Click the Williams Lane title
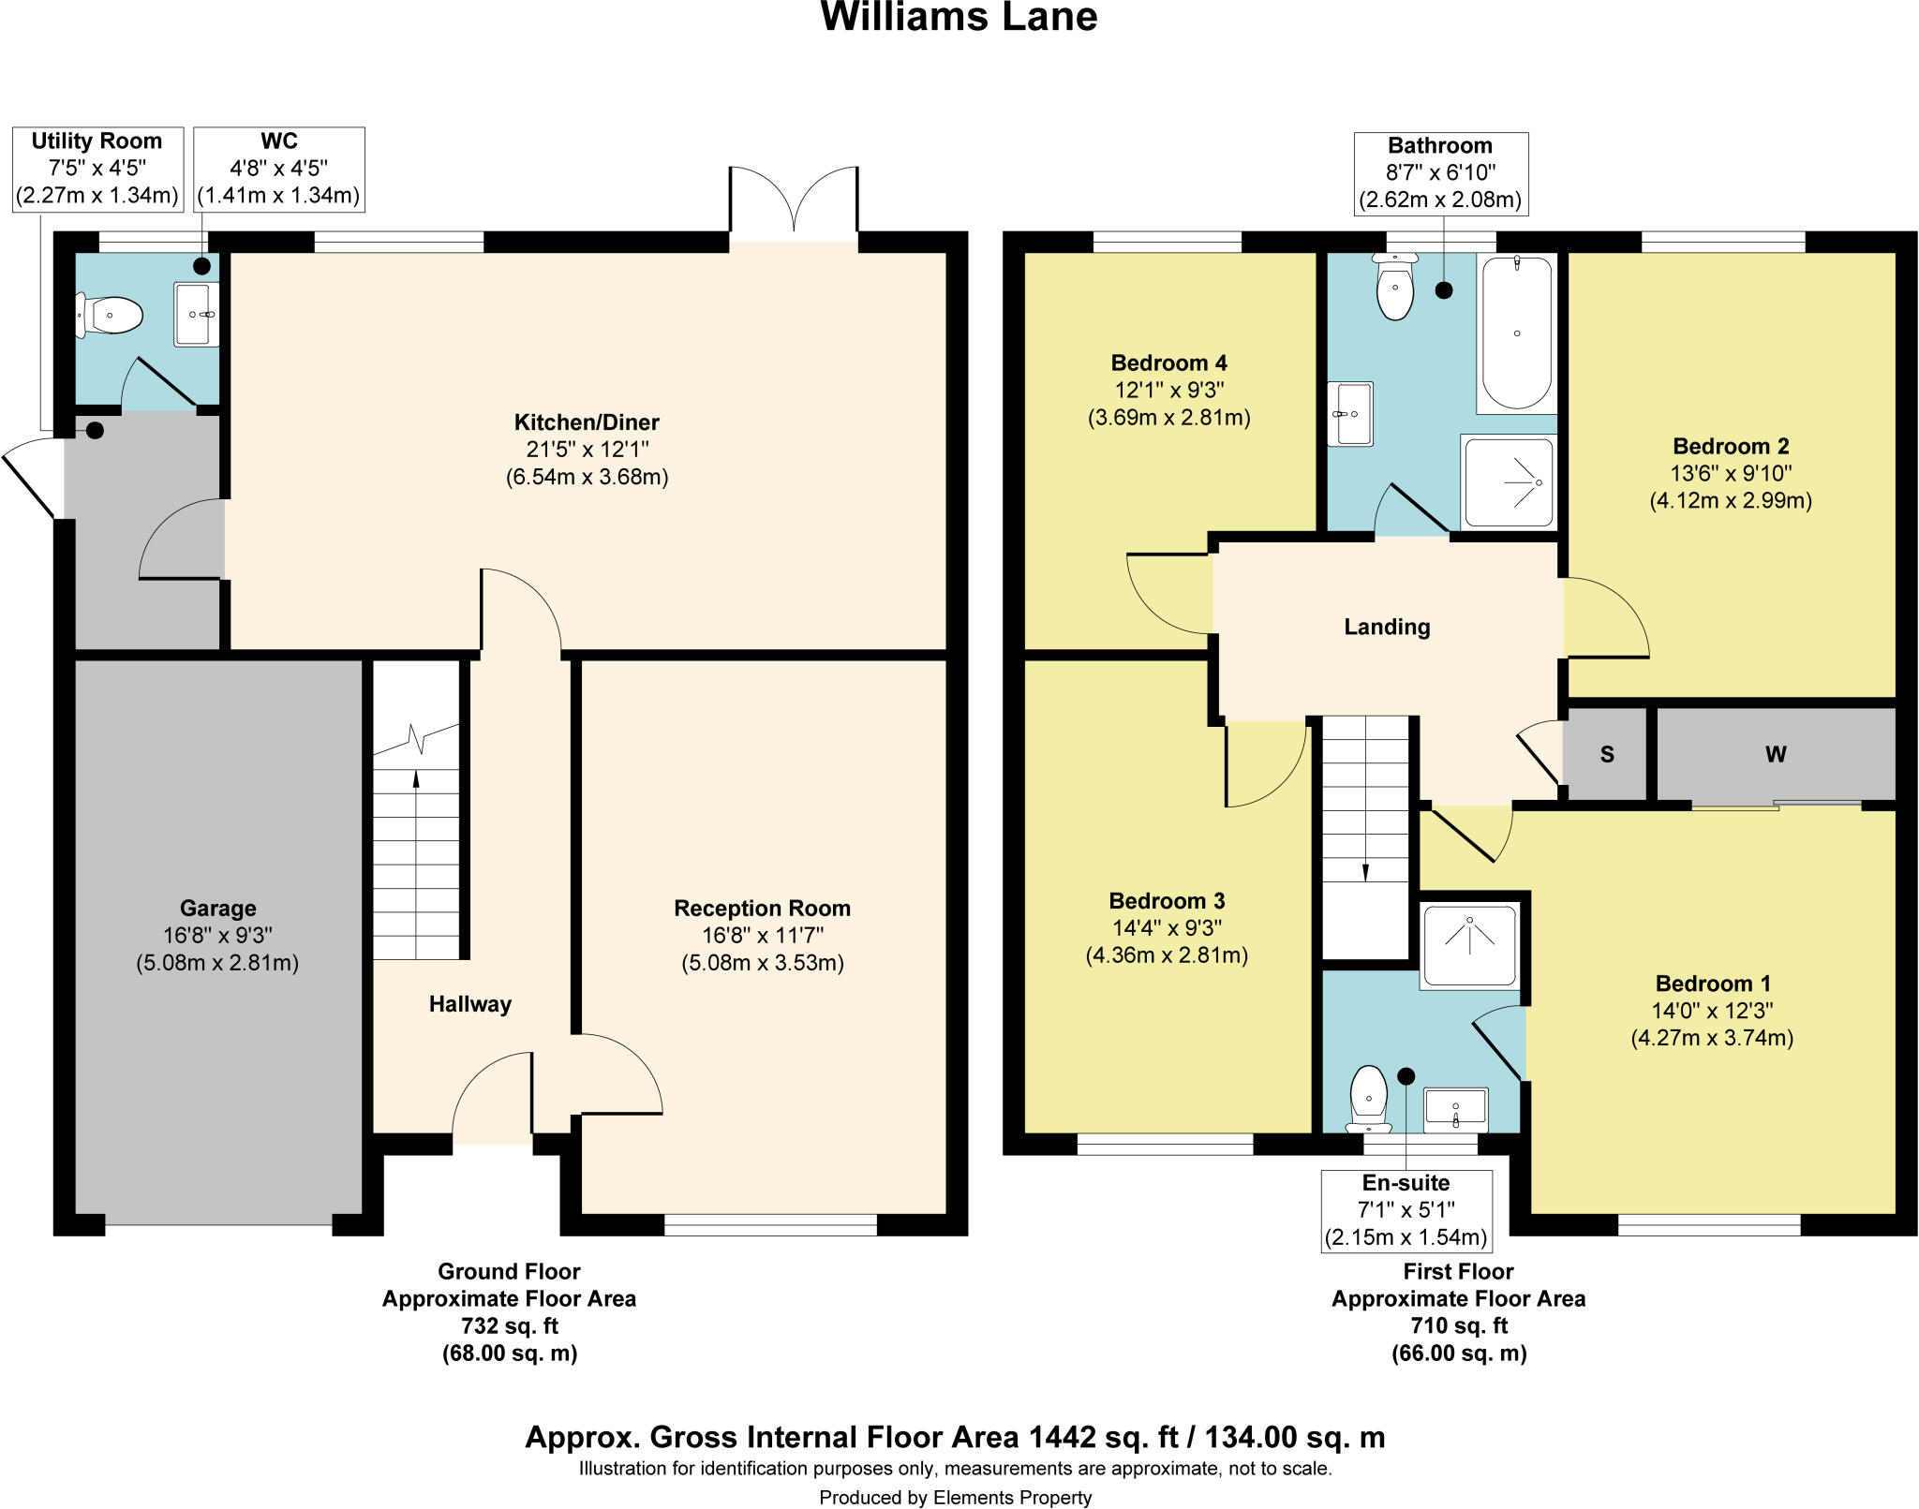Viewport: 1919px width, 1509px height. click(959, 17)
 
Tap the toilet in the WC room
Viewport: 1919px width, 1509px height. click(111, 316)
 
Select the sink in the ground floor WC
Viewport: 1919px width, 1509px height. click(196, 315)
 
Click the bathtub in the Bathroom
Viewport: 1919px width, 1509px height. click(1516, 333)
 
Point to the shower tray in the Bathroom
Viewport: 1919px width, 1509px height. click(1509, 482)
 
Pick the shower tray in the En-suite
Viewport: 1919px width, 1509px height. click(1468, 945)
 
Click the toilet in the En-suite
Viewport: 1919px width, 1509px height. click(1369, 1097)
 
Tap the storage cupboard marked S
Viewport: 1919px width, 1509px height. click(1606, 754)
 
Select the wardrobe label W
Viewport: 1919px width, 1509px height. click(1776, 754)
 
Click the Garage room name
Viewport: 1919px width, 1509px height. click(217, 908)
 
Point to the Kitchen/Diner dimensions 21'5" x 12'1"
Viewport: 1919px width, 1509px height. click(587, 450)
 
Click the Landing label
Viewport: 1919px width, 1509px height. click(1387, 627)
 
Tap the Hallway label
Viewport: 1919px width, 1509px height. click(469, 1004)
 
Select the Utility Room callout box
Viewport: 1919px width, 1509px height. click(97, 169)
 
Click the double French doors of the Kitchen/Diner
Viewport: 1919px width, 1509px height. click(793, 201)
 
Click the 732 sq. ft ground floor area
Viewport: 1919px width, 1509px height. click(509, 1325)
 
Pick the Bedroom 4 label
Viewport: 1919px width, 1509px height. click(1168, 362)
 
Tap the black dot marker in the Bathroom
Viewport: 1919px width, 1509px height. click(1444, 290)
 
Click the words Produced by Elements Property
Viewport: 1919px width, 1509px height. click(955, 1498)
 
